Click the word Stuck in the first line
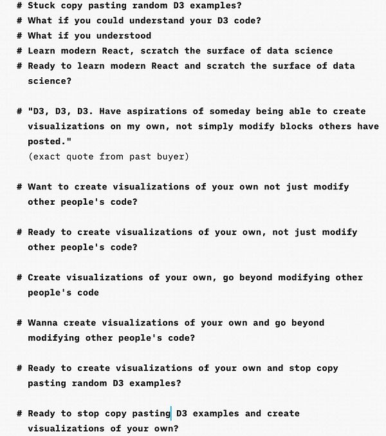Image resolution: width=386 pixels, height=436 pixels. click(x=41, y=5)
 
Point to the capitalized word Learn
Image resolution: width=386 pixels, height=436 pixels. click(x=41, y=50)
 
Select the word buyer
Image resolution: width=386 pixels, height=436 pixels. click(x=173, y=156)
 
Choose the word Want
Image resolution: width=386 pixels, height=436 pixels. click(x=39, y=187)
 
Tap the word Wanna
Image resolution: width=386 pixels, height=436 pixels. click(x=41, y=323)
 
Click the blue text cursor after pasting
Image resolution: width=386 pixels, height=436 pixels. click(x=171, y=413)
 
